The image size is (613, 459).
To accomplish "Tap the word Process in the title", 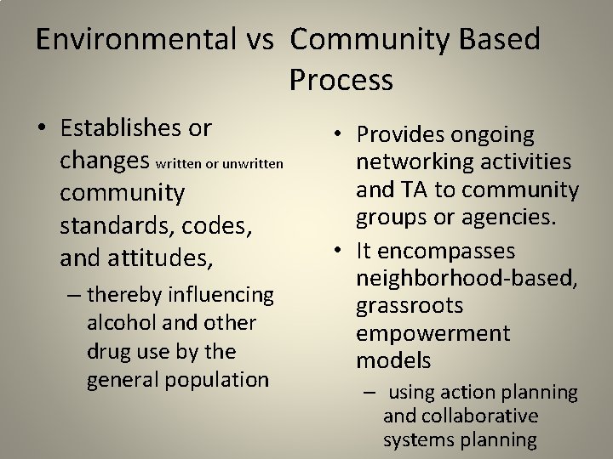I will (341, 80).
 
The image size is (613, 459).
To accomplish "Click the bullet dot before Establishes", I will (42, 129).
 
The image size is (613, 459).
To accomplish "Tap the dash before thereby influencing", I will (73, 295).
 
